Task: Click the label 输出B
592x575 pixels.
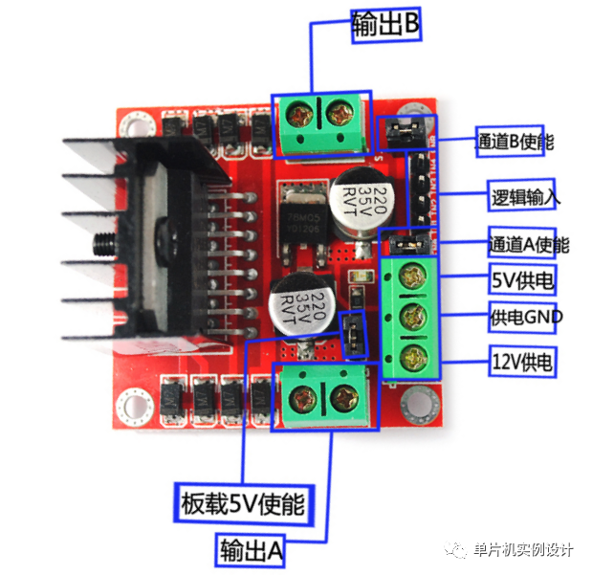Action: [385, 26]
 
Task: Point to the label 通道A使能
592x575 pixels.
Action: [528, 244]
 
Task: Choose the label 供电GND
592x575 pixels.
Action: [526, 317]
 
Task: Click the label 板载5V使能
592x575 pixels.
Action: [243, 502]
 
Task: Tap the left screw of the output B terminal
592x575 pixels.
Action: [301, 118]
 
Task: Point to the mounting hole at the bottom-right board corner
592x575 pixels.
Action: [417, 402]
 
